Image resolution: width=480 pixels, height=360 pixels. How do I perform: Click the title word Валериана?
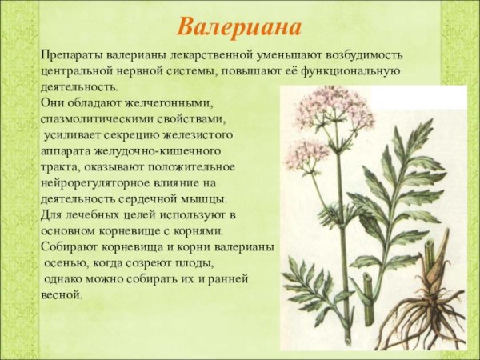pyautogui.click(x=239, y=26)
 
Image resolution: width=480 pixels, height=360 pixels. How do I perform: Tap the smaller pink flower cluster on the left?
pyautogui.click(x=306, y=153)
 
